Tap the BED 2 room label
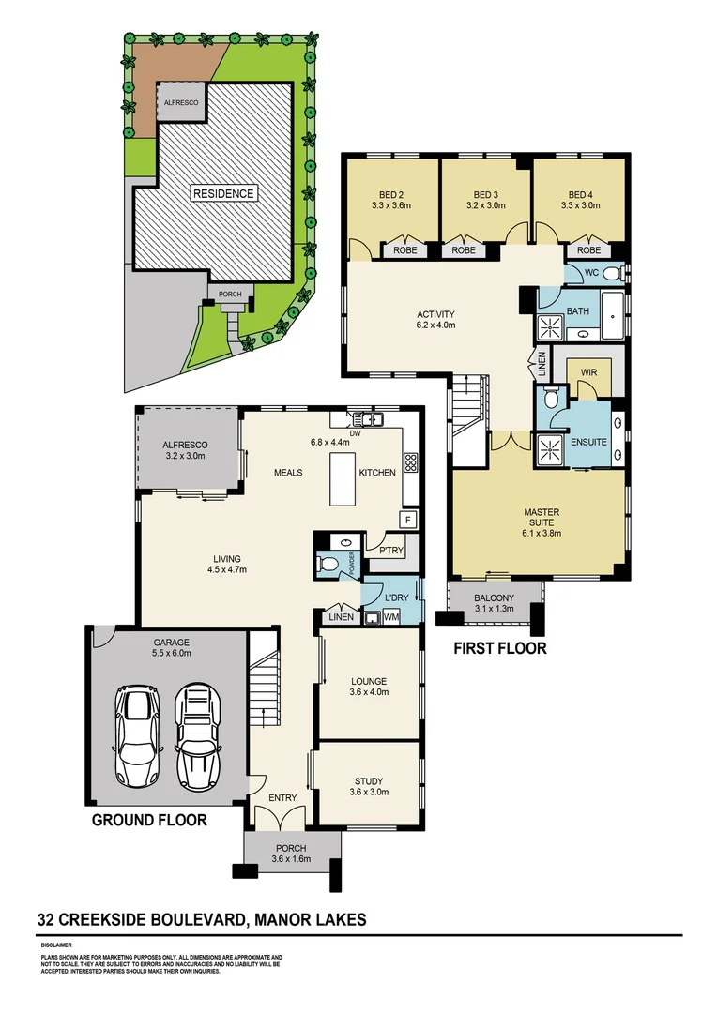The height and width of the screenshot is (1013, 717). click(385, 194)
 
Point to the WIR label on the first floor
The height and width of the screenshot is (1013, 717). click(588, 372)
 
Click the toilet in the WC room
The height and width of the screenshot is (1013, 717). click(611, 274)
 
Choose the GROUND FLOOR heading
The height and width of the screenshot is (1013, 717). click(148, 820)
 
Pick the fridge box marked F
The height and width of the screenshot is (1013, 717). click(408, 520)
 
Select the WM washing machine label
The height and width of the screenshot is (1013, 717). click(390, 617)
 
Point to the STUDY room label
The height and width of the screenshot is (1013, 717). click(368, 780)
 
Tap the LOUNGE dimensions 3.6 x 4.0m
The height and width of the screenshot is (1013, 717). click(368, 692)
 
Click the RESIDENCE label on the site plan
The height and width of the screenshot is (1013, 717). click(223, 194)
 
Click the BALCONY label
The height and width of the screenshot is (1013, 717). click(493, 597)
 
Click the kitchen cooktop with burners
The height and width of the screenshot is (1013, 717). click(409, 461)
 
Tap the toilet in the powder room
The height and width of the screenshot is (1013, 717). click(328, 565)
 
